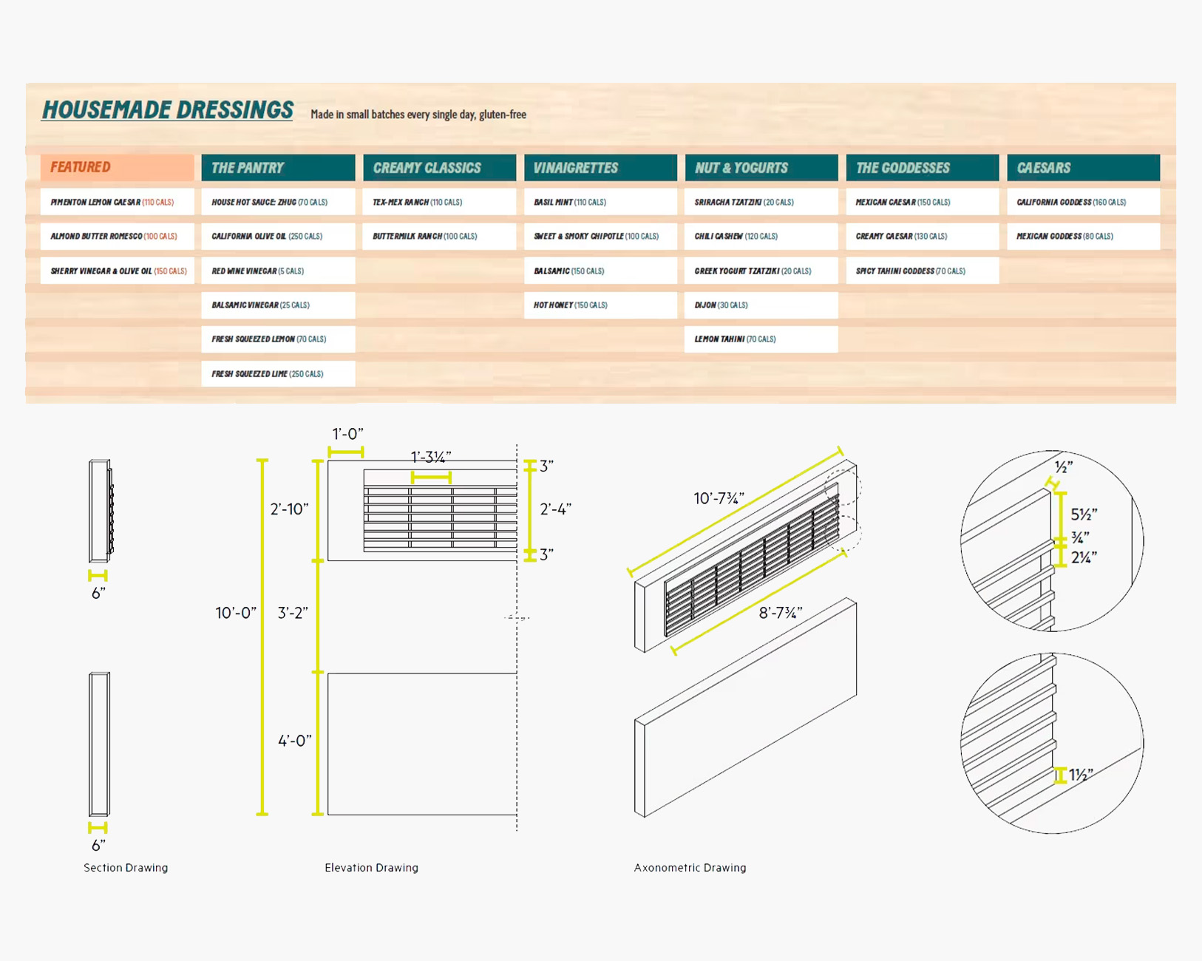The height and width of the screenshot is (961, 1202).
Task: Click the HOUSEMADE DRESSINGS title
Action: click(168, 110)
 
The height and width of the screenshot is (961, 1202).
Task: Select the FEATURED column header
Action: click(118, 167)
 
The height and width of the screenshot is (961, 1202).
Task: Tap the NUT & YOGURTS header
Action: click(761, 168)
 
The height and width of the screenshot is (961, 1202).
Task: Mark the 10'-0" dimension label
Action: click(236, 613)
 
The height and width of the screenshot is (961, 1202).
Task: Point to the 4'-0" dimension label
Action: click(295, 741)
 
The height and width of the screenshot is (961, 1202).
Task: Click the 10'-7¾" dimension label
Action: click(719, 498)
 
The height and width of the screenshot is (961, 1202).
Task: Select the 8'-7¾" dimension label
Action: click(781, 613)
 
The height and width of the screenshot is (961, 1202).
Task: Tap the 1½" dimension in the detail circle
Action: click(1081, 775)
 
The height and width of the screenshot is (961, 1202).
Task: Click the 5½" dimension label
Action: click(1084, 514)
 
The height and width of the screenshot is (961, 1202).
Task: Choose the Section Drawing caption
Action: click(126, 868)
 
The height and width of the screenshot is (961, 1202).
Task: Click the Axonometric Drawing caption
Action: click(690, 868)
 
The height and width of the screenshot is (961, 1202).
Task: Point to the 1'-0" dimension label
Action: click(347, 434)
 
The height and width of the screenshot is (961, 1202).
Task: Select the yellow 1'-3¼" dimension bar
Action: click(431, 477)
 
